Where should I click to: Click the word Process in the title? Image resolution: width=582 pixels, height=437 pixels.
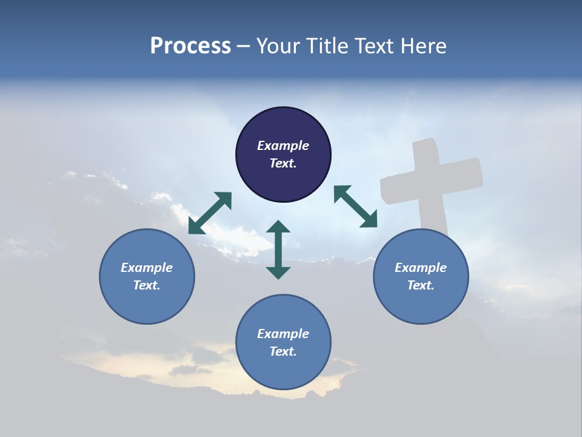point(190,46)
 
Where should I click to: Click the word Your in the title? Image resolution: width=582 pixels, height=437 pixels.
point(276,46)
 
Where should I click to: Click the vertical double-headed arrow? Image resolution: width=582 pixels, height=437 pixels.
point(278,249)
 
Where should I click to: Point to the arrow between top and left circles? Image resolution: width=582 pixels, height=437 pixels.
point(210,213)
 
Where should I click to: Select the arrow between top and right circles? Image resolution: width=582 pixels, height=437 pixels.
point(355,206)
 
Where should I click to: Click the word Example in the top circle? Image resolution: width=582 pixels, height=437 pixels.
point(283,146)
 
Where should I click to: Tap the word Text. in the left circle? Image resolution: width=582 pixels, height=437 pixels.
point(147,285)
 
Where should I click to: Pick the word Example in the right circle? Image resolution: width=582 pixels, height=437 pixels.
point(421,268)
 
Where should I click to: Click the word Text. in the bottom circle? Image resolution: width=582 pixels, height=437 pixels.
point(283,351)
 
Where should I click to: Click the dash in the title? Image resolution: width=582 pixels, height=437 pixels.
point(244,46)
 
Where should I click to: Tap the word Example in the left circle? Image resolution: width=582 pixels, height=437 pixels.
point(147,268)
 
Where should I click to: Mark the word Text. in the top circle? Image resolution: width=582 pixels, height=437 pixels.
point(283,163)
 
